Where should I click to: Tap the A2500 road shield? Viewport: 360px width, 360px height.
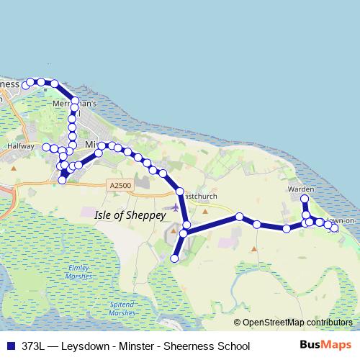pyautogui.click(x=121, y=186)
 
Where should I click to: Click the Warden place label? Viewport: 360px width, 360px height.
pyautogui.click(x=301, y=189)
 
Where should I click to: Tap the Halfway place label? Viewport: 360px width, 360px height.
pyautogui.click(x=20, y=145)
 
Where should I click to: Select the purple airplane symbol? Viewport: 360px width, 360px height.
pyautogui.click(x=174, y=207)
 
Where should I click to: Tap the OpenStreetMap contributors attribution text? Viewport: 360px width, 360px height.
pyautogui.click(x=296, y=323)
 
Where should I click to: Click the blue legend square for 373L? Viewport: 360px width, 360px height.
pyautogui.click(x=11, y=346)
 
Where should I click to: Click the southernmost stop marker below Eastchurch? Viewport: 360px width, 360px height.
pyautogui.click(x=174, y=258)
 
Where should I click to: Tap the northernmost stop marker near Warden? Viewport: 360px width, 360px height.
pyautogui.click(x=305, y=199)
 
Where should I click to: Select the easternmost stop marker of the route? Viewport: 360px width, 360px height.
pyautogui.click(x=334, y=229)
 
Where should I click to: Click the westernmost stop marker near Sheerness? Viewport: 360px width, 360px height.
pyautogui.click(x=25, y=86)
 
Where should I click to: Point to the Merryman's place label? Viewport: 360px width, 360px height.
pyautogui.click(x=71, y=104)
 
